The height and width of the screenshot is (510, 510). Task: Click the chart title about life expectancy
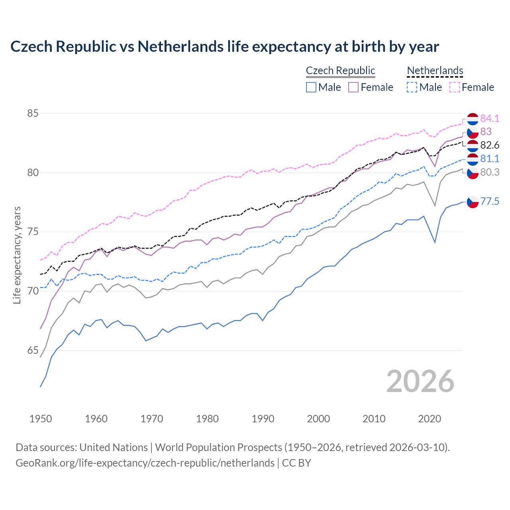tap(224, 47)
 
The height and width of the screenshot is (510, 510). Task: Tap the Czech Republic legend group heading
tap(341, 71)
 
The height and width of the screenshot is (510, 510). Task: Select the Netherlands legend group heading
tap(435, 71)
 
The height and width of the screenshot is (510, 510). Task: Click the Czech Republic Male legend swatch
tap(311, 87)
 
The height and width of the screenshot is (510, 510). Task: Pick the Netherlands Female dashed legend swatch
tap(455, 87)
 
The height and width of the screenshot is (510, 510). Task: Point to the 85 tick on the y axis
tap(33, 113)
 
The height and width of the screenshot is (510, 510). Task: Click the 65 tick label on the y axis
tap(33, 351)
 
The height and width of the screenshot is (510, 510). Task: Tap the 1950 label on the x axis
tap(41, 419)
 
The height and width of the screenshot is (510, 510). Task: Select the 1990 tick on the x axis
tap(263, 419)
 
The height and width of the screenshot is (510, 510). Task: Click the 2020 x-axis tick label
tap(430, 419)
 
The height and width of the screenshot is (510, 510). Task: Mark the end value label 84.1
tap(490, 118)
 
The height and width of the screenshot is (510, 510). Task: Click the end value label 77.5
tap(490, 202)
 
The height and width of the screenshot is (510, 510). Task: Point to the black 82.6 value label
tap(490, 145)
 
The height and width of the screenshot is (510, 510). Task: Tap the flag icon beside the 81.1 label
tap(473, 159)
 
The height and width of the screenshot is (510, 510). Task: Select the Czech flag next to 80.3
tap(473, 173)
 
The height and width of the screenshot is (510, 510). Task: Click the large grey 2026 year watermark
tap(420, 381)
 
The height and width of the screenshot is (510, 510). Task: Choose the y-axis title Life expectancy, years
tap(17, 255)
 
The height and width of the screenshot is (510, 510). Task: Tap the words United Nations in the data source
tap(114, 447)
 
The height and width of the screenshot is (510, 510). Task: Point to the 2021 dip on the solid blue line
tap(435, 242)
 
